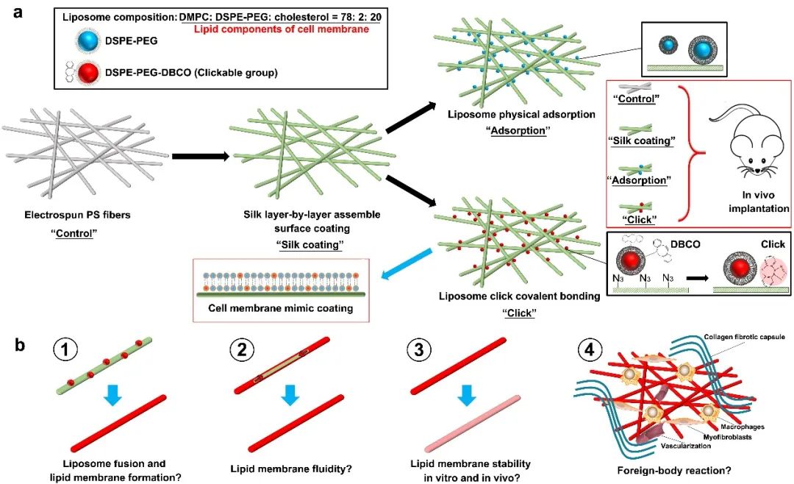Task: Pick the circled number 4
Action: (x=593, y=352)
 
